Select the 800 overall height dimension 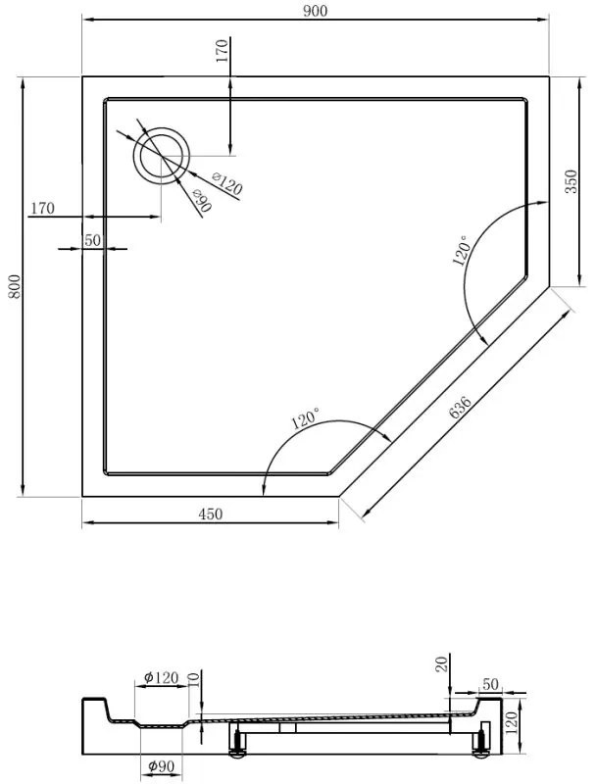[x=13, y=285]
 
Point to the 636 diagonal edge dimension [x=461, y=409]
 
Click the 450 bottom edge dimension [x=211, y=514]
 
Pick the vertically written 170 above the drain [x=222, y=50]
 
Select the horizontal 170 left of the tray [x=42, y=208]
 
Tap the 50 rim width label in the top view [x=93, y=240]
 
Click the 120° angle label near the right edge [x=462, y=250]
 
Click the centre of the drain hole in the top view [x=162, y=156]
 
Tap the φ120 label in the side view [x=160, y=677]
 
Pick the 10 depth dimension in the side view [x=192, y=678]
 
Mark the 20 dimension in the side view [x=441, y=665]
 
